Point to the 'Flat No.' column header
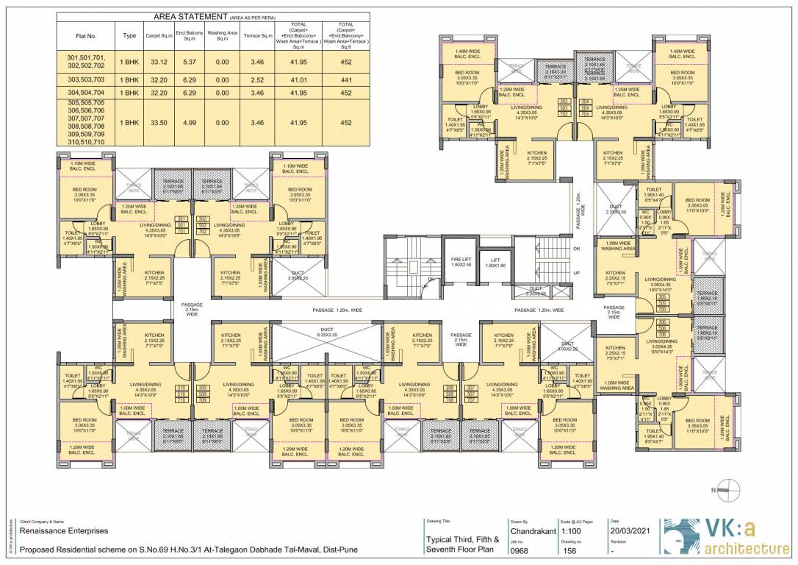click(86, 35)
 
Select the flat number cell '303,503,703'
click(86, 79)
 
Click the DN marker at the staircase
click(575, 249)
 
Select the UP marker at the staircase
click(575, 272)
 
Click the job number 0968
click(521, 550)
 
